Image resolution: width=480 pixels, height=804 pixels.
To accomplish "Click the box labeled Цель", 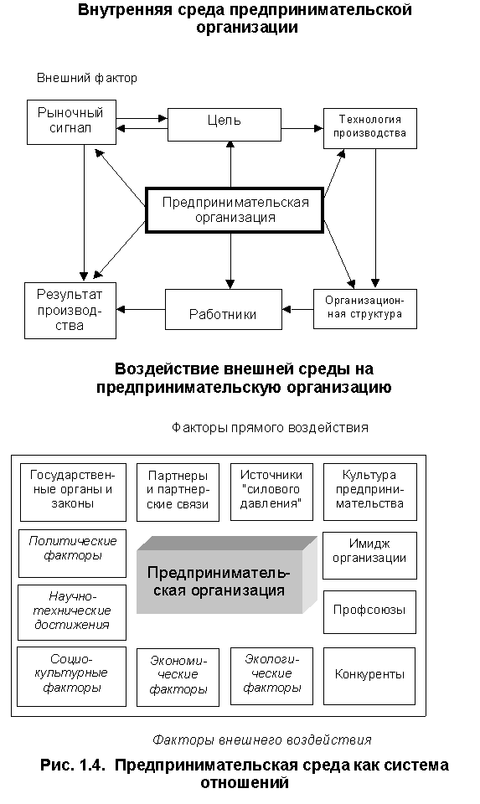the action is tap(225, 125).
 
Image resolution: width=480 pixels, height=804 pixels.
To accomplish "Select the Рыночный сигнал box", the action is tap(71, 122).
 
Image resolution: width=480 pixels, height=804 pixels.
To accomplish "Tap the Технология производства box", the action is tap(369, 128).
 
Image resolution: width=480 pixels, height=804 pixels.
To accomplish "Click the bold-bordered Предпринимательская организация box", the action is tap(235, 210).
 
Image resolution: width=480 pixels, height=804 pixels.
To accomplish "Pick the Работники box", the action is tap(223, 309).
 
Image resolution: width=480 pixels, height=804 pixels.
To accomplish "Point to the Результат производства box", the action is tap(70, 310).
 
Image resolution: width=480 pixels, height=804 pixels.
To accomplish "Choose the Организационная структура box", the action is tap(364, 309).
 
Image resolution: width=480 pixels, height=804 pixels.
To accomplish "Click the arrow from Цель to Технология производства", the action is tap(302, 127).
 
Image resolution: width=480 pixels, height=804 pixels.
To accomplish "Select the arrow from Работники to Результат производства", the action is tap(141, 309).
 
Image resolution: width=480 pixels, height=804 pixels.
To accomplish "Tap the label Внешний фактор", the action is tap(86, 78).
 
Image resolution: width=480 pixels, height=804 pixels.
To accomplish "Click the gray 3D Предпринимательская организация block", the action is tap(227, 575).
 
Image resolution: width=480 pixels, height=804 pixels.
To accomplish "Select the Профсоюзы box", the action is tap(369, 611).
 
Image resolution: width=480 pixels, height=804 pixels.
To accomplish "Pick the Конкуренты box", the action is tap(369, 676).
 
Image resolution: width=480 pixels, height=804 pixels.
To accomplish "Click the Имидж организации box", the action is tap(369, 555).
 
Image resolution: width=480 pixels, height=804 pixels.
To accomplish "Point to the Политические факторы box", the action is tap(72, 554).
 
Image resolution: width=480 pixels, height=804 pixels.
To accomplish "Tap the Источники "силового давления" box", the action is tap(271, 492).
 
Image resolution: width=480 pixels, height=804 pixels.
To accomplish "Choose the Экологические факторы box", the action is tap(271, 677).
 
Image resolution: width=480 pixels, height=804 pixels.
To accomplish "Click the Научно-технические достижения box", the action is tap(72, 612).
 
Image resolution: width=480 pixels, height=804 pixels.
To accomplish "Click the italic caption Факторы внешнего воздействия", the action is tap(261, 740).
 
